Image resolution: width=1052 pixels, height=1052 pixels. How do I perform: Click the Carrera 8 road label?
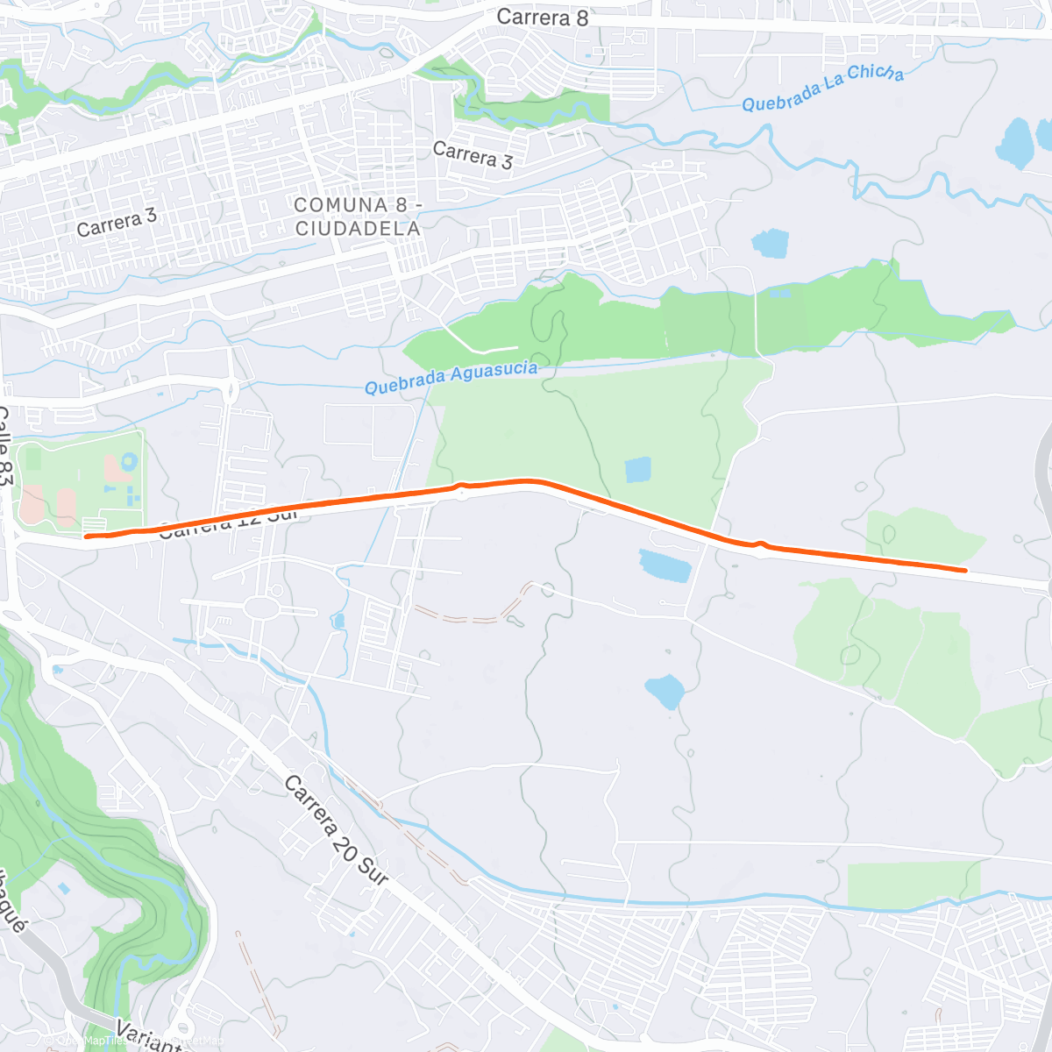542,17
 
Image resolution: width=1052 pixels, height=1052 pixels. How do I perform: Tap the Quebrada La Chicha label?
822,89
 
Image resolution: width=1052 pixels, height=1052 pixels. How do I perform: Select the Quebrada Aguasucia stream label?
451,378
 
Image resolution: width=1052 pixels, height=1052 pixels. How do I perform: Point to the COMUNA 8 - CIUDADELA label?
358,217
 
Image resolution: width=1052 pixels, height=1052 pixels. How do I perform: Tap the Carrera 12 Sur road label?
230,522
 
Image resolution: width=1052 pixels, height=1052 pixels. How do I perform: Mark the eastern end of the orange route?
965,571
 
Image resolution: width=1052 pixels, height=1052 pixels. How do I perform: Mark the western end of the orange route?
85,537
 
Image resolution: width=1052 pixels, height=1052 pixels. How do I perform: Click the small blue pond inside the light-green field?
638,470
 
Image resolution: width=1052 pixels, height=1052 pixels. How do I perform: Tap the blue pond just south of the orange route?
665,565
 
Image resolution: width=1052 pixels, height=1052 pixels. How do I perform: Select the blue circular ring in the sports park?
130,460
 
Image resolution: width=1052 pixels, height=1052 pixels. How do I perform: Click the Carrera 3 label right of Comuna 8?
473,155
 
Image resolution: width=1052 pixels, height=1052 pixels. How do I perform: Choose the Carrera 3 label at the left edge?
116,223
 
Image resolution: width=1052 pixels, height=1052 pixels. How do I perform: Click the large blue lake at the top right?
1016,142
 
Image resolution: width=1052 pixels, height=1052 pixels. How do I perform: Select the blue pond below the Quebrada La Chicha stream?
770,243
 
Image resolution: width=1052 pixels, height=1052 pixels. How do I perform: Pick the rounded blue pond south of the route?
665,691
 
